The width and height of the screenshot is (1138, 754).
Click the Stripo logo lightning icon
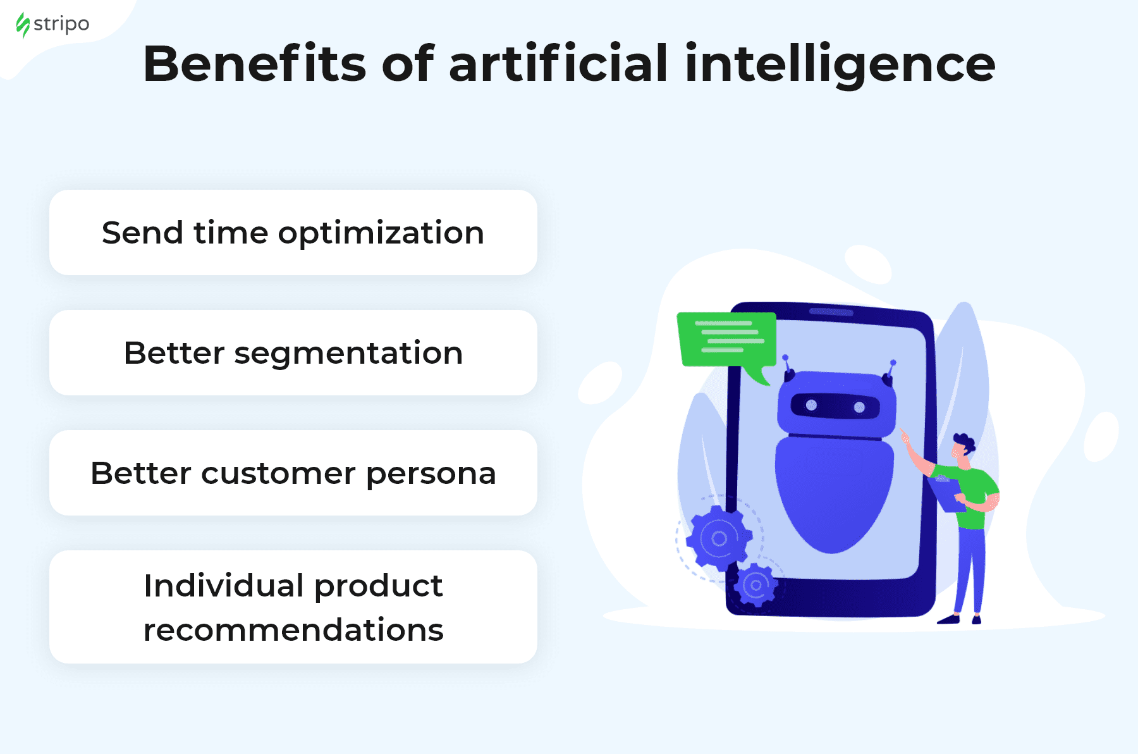pyautogui.click(x=23, y=25)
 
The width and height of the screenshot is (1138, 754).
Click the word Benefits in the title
pyautogui.click(x=254, y=64)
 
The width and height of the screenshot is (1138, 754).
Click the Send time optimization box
pyautogui.click(x=293, y=232)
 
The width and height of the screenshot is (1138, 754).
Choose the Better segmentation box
pyautogui.click(x=293, y=352)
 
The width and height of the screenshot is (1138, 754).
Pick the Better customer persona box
pyautogui.click(x=293, y=473)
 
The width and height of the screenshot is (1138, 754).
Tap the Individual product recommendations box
pyautogui.click(x=293, y=607)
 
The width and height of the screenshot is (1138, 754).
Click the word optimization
pyautogui.click(x=381, y=234)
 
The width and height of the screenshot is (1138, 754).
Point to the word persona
pyautogui.click(x=431, y=474)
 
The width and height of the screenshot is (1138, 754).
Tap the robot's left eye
pyautogui.click(x=811, y=405)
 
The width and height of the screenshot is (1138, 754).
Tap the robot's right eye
pyautogui.click(x=859, y=407)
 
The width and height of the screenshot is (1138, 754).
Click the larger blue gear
pyautogui.click(x=719, y=538)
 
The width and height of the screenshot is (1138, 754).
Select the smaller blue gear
pyautogui.click(x=756, y=585)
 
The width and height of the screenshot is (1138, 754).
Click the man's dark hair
pyautogui.click(x=965, y=442)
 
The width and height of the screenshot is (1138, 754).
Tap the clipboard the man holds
pyautogui.click(x=946, y=494)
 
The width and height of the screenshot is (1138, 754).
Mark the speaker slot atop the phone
pyautogui.click(x=831, y=311)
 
